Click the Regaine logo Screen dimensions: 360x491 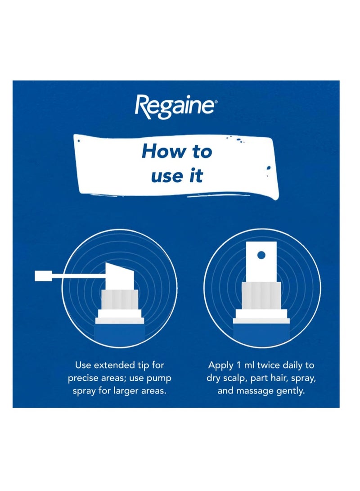point(174,107)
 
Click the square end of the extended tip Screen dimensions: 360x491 point(43,276)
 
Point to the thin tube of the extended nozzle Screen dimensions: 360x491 point(78,276)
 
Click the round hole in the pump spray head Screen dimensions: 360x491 point(261,255)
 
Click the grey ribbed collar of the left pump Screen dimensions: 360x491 point(120,299)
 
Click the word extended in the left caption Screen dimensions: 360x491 point(114,365)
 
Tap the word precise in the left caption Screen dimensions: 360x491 point(82,378)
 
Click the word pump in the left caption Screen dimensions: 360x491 point(159,378)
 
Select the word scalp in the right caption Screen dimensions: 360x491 point(234,378)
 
